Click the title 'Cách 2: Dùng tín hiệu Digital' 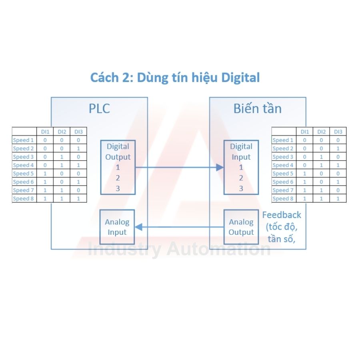click(x=175, y=77)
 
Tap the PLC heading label click(x=99, y=109)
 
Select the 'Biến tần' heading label click(x=257, y=109)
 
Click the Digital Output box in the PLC click(x=118, y=167)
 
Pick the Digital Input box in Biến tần click(x=241, y=167)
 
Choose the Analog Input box click(x=117, y=227)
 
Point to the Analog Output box click(x=241, y=227)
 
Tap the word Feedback click(x=282, y=215)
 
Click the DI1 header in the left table click(x=45, y=132)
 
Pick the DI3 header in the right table click(x=338, y=132)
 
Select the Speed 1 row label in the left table click(x=24, y=140)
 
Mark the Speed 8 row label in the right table click(x=283, y=198)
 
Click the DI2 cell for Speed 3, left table click(x=62, y=157)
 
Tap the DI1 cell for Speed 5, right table click(x=305, y=174)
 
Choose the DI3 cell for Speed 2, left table click(x=78, y=148)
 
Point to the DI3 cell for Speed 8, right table click(x=338, y=198)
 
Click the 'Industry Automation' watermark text click(x=179, y=250)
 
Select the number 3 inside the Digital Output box click(x=118, y=188)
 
